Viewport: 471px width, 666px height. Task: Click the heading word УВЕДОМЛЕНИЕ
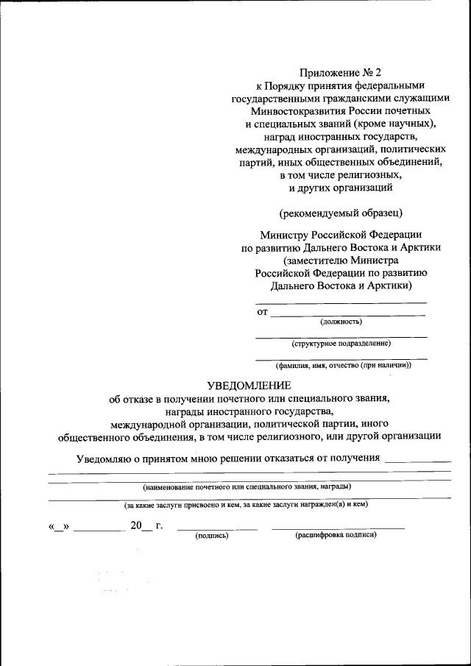pyautogui.click(x=249, y=385)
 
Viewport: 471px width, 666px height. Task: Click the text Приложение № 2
pyautogui.click(x=341, y=72)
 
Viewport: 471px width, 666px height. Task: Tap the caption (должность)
pyautogui.click(x=341, y=321)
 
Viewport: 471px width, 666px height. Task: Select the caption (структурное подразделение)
pyautogui.click(x=341, y=343)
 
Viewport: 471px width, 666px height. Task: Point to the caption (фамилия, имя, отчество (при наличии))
pyautogui.click(x=343, y=365)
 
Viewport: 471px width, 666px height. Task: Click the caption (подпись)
pyautogui.click(x=212, y=536)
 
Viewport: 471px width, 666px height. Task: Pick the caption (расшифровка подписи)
pyautogui.click(x=336, y=535)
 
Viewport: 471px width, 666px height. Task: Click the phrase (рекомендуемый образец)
pyautogui.click(x=341, y=213)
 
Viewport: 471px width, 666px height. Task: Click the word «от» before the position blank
pyautogui.click(x=262, y=312)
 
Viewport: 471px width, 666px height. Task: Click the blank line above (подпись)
pyautogui.click(x=218, y=528)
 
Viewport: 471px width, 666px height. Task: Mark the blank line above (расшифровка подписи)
pyautogui.click(x=338, y=528)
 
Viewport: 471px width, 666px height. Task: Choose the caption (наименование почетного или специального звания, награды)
pyautogui.click(x=247, y=486)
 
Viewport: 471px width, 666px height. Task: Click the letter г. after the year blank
pyautogui.click(x=159, y=525)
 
